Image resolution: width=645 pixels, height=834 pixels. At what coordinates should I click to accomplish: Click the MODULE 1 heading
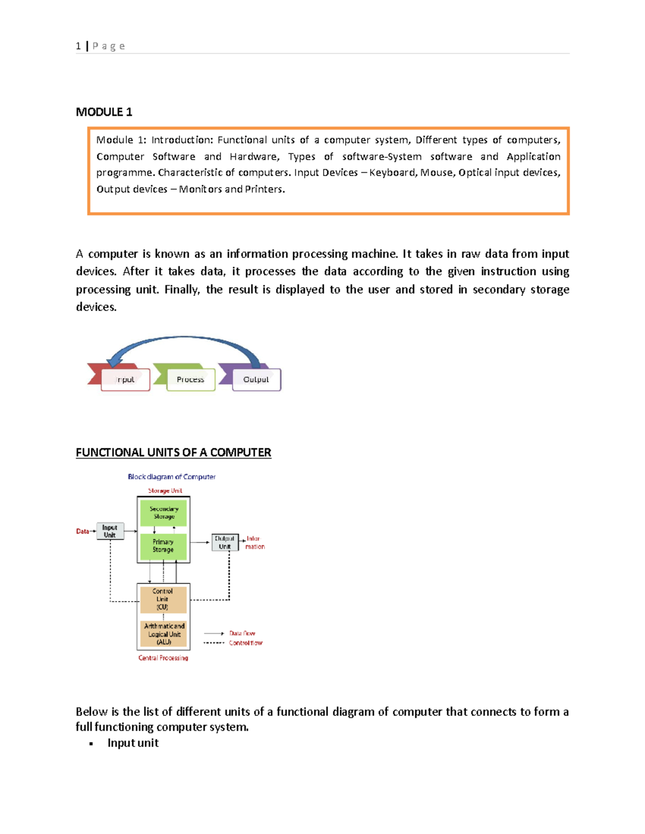click(x=104, y=112)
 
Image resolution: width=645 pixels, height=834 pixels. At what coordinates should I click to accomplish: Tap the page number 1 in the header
click(x=78, y=46)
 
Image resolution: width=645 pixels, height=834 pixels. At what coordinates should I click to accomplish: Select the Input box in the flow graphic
click(x=125, y=380)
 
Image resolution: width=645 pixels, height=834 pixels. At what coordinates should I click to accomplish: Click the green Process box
click(x=190, y=380)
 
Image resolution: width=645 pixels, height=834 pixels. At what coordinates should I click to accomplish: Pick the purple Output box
click(x=256, y=380)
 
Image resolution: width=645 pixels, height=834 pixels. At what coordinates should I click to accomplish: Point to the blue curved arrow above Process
click(x=184, y=338)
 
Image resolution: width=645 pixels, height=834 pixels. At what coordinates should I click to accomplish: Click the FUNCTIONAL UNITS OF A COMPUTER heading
click(x=173, y=452)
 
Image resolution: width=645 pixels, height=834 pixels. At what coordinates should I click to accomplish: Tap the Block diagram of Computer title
click(x=171, y=477)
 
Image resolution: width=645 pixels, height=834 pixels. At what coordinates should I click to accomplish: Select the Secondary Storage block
click(x=163, y=513)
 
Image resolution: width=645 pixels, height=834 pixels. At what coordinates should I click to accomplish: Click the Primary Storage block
click(x=163, y=546)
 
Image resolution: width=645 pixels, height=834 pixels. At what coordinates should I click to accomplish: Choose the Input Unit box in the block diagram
click(x=110, y=531)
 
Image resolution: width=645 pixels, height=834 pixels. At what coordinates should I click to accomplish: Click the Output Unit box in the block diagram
click(x=225, y=542)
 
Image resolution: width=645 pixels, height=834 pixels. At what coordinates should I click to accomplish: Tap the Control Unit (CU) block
click(x=163, y=599)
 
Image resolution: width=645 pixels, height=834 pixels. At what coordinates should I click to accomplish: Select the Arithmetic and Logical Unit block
click(x=163, y=634)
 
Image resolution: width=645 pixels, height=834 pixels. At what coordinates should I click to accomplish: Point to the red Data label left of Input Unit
click(x=82, y=531)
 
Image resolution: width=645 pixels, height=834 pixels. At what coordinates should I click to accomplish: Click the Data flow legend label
click(x=242, y=634)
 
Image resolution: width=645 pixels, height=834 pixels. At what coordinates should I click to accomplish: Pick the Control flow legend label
click(x=245, y=643)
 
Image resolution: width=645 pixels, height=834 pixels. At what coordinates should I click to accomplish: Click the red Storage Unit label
click(x=165, y=491)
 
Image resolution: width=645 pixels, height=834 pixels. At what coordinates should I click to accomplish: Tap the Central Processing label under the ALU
click(x=163, y=658)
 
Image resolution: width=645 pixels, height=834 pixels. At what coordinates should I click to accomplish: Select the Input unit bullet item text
click(x=133, y=743)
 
